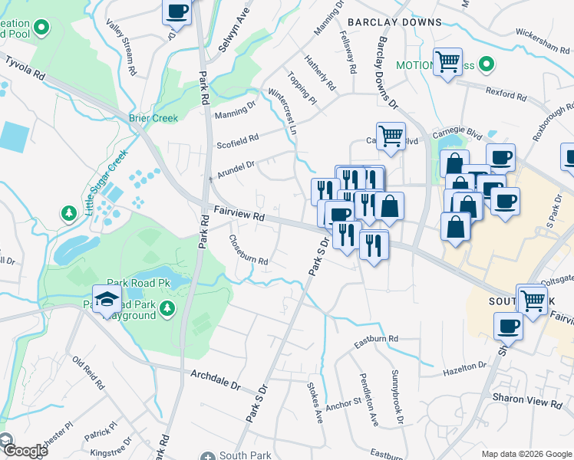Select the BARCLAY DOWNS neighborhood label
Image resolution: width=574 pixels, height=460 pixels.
click(x=394, y=22)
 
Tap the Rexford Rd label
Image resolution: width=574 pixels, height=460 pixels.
click(x=506, y=94)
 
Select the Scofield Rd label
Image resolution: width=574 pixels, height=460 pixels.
click(x=238, y=139)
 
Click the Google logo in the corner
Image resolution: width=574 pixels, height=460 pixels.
click(x=25, y=451)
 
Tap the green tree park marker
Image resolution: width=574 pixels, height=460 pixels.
click(x=69, y=212)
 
